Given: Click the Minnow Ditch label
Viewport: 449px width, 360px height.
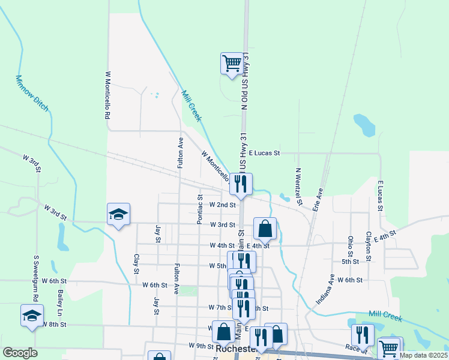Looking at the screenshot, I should pos(32,94).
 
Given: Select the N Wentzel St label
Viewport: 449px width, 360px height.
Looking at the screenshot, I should pos(298,184).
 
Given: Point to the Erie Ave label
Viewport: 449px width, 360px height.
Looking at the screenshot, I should pos(319,200).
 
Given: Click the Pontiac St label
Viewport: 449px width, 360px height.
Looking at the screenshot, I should pos(200,209).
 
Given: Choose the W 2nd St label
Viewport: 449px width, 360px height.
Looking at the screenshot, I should pos(222,205).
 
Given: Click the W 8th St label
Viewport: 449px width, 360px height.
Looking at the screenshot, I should pos(53,324).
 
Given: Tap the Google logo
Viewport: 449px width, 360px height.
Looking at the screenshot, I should pos(20,353).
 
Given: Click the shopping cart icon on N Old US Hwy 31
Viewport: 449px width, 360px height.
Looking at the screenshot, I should pos(232,62).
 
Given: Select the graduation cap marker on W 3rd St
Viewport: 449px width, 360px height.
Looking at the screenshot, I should pos(118,214).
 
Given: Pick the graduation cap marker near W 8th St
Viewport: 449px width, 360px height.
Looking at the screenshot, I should pos(32,315).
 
